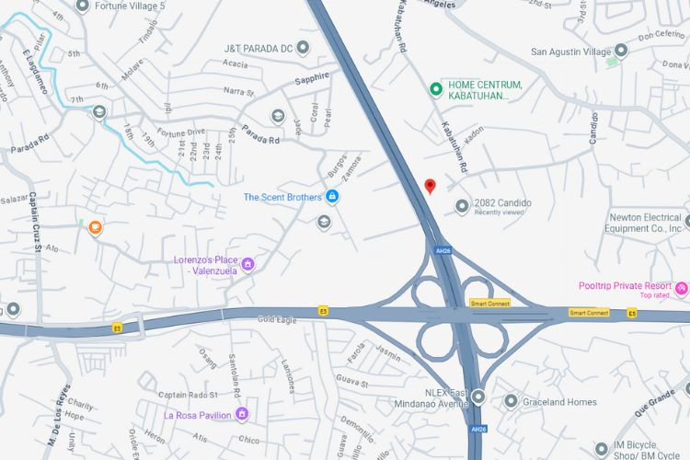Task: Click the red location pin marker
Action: point(430,186)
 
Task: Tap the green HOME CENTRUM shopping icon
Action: point(437,89)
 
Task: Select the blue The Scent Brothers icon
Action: point(333,197)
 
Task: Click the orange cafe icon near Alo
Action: point(95,227)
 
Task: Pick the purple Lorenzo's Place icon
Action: point(247,265)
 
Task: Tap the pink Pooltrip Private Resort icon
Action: point(682,289)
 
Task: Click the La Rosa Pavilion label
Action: point(199,415)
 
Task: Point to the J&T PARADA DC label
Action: point(259,48)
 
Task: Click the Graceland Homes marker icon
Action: point(511,401)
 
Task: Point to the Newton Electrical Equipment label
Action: point(645,223)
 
